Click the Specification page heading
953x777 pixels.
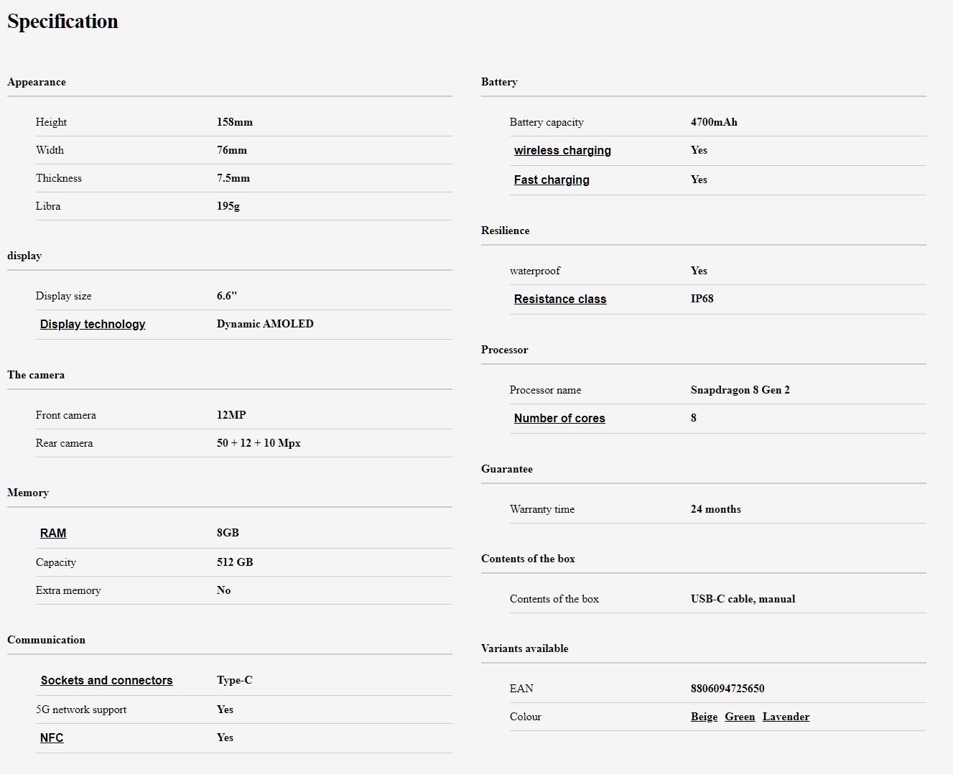62,22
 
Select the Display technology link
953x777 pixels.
93,324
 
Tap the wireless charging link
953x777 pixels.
562,150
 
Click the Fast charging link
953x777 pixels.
552,180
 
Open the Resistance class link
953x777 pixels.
560,299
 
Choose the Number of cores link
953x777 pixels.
559,418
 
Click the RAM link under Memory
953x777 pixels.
53,533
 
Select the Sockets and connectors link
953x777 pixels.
106,680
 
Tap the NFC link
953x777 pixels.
52,738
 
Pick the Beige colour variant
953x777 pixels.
704,717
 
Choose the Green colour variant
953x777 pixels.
740,717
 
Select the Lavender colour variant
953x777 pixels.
786,717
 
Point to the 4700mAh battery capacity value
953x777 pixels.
714,122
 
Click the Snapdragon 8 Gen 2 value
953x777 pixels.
740,390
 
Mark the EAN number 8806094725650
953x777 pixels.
727,689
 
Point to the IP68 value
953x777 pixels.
702,299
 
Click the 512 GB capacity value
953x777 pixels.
235,562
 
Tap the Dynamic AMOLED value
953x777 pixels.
265,324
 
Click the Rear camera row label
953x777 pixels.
64,443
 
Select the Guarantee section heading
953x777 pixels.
507,469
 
